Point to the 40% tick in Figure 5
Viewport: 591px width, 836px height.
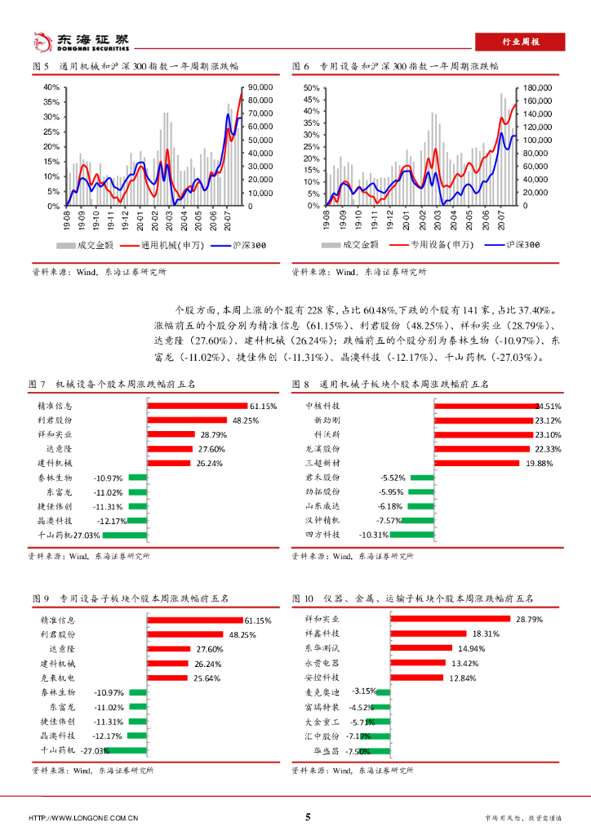51,87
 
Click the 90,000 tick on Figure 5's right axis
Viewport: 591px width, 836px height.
260,87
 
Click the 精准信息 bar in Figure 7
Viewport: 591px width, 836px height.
197,406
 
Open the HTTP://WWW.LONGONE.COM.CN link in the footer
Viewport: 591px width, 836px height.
82,818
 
